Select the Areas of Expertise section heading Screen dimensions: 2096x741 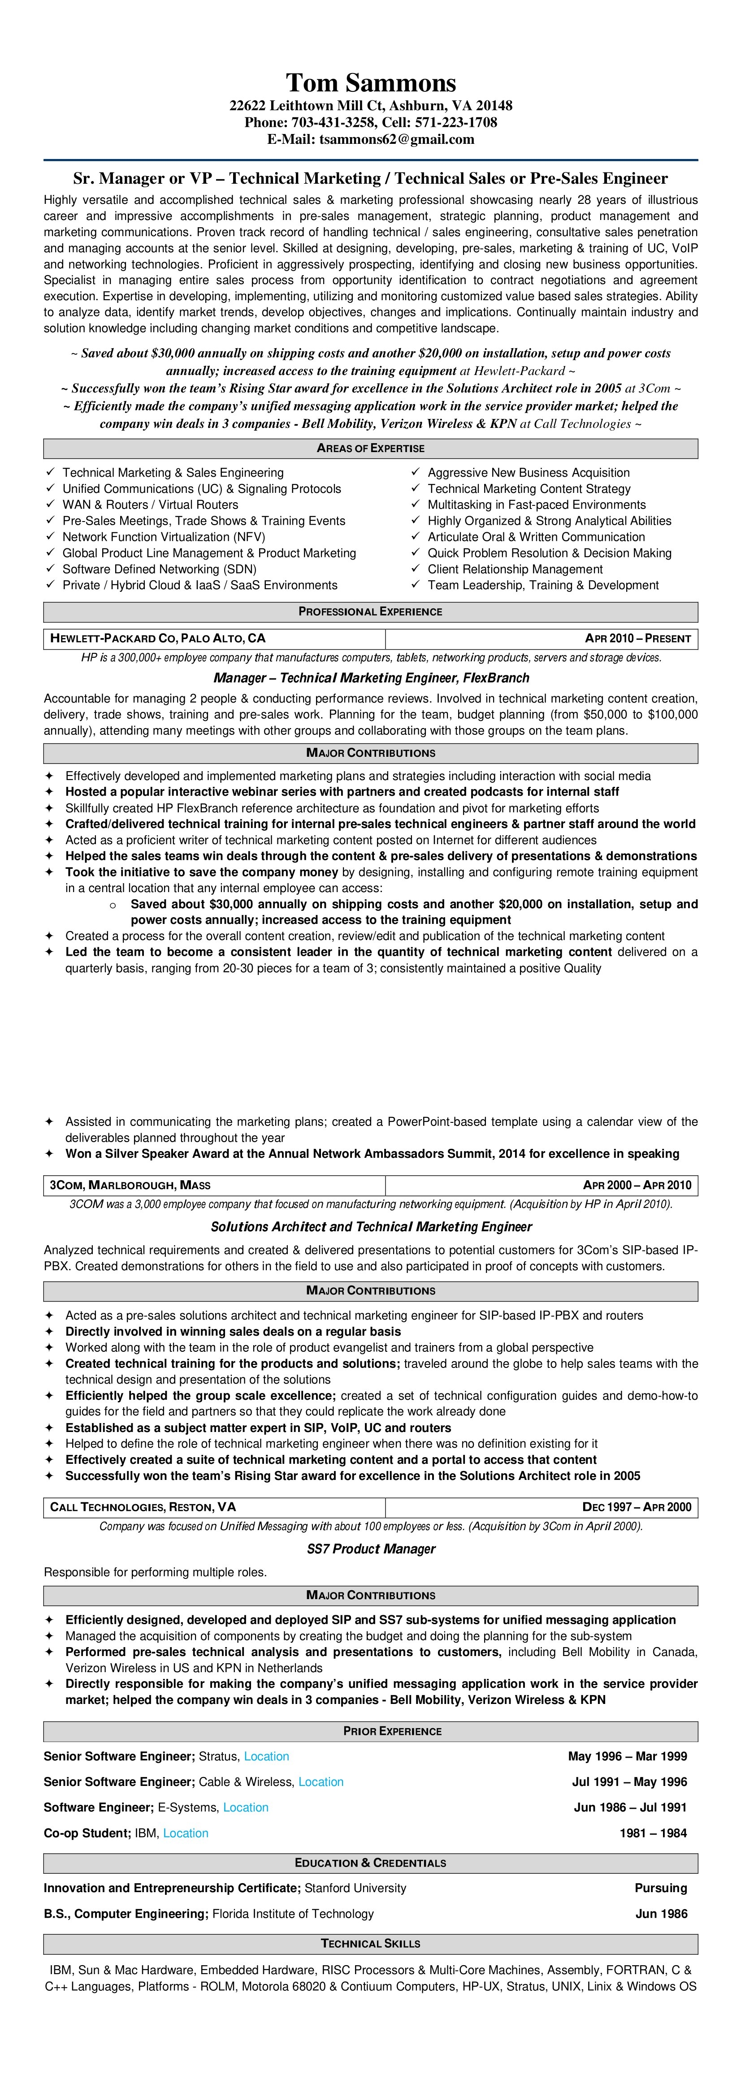click(370, 449)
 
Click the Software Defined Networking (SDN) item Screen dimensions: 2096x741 click(159, 569)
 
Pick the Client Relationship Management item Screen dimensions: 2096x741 click(515, 569)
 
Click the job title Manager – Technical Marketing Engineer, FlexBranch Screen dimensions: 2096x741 click(370, 678)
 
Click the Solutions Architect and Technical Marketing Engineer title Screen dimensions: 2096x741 click(370, 1227)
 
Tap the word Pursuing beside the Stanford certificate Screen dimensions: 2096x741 click(660, 1888)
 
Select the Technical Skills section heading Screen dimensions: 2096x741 click(370, 1944)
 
